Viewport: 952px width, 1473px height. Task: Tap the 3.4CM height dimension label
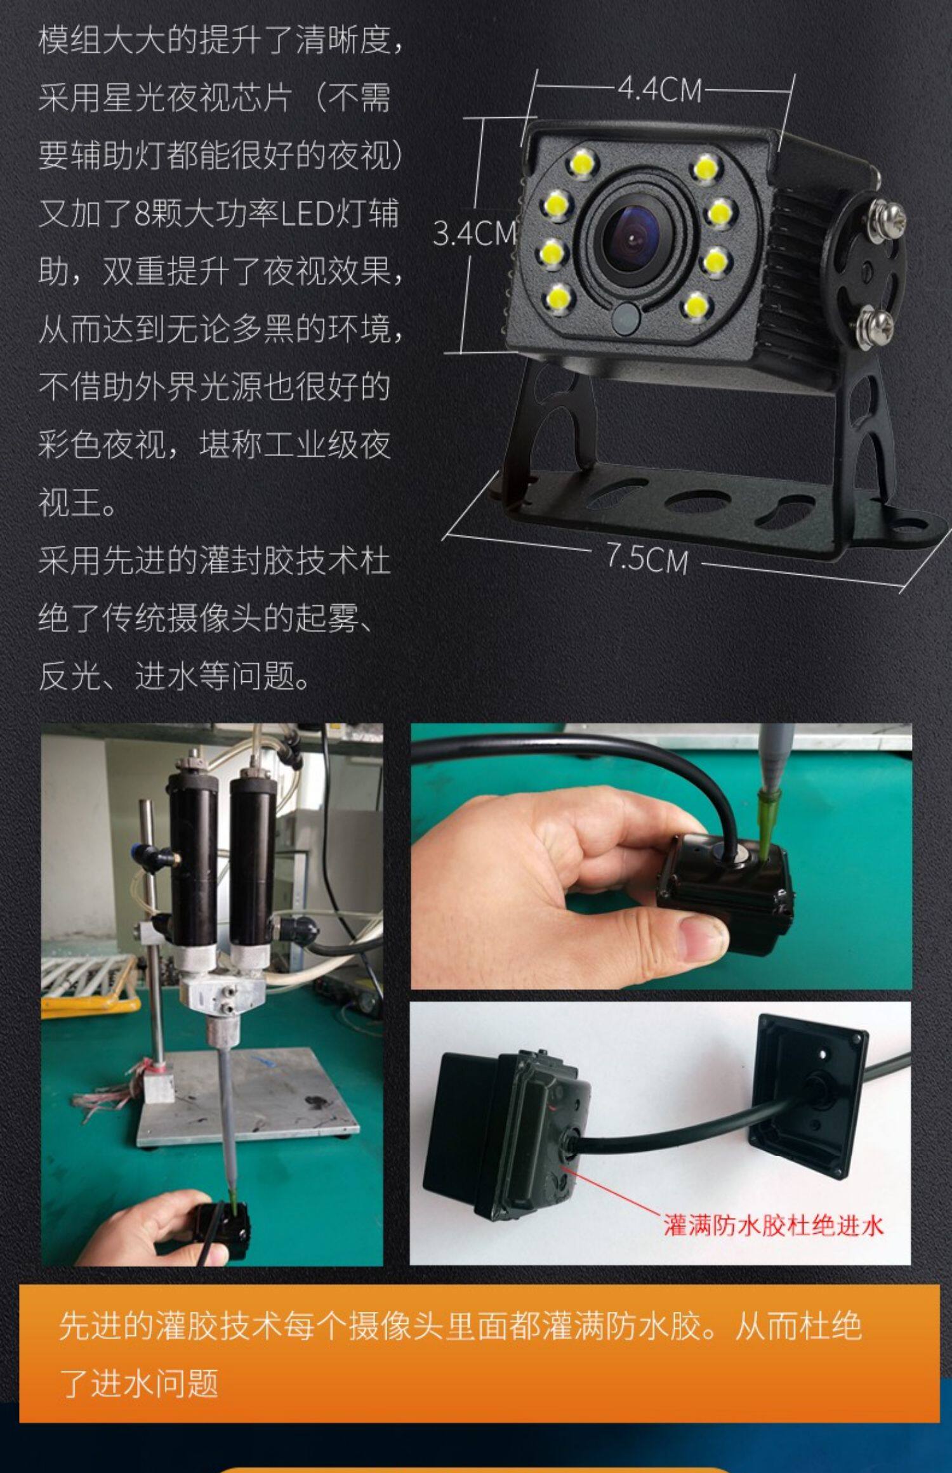[x=475, y=233]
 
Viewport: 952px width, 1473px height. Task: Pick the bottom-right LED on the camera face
[x=696, y=306]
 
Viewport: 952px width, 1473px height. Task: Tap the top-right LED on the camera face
[x=705, y=167]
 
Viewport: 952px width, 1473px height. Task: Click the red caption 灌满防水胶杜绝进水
[x=773, y=1224]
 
